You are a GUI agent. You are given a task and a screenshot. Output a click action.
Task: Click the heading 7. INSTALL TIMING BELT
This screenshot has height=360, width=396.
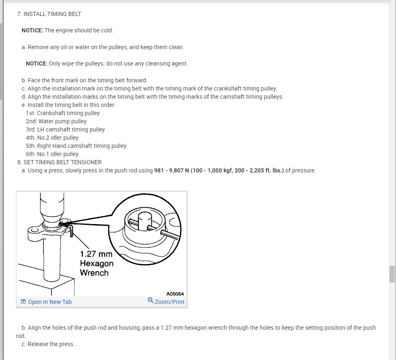pyautogui.click(x=49, y=14)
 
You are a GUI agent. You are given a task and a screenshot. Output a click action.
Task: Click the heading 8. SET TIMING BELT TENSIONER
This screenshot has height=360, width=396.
pyautogui.click(x=59, y=162)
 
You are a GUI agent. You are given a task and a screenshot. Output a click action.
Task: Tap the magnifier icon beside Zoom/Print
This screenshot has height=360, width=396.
pyautogui.click(x=151, y=301)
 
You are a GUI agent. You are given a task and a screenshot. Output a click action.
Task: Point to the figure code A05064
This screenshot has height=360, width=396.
pyautogui.click(x=175, y=294)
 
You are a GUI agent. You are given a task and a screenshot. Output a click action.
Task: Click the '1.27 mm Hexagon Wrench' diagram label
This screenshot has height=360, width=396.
pyautogui.click(x=96, y=263)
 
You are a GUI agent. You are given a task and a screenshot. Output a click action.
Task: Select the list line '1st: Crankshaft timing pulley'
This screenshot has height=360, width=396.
pyautogui.click(x=63, y=113)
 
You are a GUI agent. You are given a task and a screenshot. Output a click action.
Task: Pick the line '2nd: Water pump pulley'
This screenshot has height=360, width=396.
pyautogui.click(x=56, y=121)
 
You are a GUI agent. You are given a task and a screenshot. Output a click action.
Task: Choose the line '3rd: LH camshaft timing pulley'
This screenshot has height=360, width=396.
pyautogui.click(x=65, y=129)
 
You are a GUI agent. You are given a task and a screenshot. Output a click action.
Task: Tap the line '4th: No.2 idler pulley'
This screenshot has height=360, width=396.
pyautogui.click(x=52, y=138)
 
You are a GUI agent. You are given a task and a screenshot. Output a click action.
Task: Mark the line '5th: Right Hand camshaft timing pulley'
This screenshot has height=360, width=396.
pyautogui.click(x=76, y=146)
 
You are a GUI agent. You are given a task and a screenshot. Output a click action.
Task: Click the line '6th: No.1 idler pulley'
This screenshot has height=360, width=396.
pyautogui.click(x=52, y=154)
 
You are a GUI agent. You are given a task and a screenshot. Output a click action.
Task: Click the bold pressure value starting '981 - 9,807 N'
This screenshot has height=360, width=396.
pyautogui.click(x=219, y=170)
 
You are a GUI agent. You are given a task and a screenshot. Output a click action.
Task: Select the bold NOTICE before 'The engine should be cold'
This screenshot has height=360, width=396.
pyautogui.click(x=32, y=30)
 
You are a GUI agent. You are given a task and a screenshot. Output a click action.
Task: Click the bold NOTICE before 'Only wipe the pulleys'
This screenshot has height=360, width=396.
pyautogui.click(x=36, y=63)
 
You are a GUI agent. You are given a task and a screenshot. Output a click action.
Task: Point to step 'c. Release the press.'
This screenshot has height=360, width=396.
pyautogui.click(x=48, y=344)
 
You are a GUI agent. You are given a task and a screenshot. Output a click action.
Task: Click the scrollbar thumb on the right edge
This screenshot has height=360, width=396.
pyautogui.click(x=392, y=274)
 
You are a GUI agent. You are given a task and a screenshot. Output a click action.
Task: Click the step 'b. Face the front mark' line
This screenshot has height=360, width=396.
pyautogui.click(x=84, y=80)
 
